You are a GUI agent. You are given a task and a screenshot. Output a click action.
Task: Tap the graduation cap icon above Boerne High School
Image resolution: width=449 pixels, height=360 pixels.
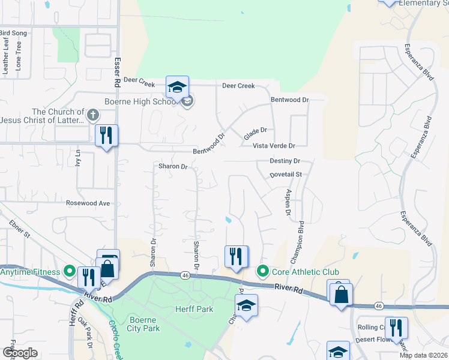tap(177, 88)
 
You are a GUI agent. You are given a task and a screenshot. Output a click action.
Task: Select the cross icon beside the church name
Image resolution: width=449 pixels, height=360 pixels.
tap(92, 114)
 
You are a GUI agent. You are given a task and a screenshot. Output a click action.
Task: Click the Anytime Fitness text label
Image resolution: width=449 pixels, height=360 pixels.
tap(30, 272)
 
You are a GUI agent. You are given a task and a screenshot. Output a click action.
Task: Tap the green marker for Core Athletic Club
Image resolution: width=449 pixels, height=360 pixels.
tap(262, 272)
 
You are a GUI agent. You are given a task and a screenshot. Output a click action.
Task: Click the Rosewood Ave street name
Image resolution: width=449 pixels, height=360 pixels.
tap(88, 203)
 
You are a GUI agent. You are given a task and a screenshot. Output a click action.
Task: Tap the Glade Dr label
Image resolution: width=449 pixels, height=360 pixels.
tap(255, 133)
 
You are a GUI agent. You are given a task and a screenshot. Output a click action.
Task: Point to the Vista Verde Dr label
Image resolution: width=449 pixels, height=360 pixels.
tap(274, 146)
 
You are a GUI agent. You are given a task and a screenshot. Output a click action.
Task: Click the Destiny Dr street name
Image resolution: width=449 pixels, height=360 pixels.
tap(285, 161)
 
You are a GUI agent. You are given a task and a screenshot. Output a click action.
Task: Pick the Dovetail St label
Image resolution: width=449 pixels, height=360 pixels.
tap(285, 175)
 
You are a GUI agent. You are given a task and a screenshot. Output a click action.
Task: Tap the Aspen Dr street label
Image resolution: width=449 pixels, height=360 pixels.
tap(288, 203)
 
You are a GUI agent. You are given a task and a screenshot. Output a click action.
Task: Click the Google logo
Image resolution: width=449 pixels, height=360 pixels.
tap(19, 352)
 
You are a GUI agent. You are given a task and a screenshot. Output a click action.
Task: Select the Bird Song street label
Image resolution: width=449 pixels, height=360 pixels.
tap(13, 32)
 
